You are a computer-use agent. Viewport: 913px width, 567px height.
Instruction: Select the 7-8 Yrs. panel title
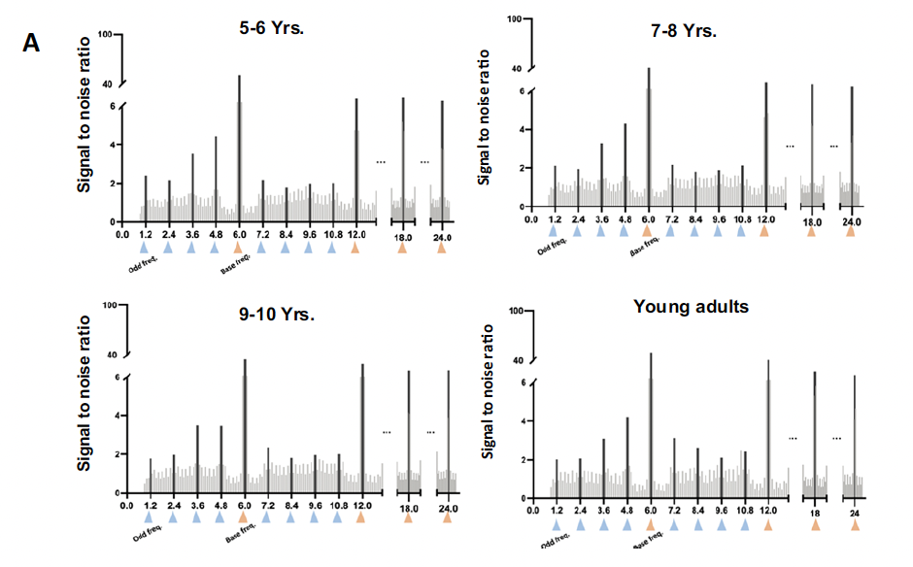(686, 31)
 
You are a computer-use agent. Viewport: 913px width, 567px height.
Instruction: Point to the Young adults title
(691, 307)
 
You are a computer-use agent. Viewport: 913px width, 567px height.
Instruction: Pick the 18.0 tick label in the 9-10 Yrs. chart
(409, 508)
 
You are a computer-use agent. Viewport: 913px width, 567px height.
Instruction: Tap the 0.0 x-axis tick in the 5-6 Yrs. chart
(122, 234)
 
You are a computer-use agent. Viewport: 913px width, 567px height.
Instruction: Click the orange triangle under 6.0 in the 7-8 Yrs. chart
(648, 231)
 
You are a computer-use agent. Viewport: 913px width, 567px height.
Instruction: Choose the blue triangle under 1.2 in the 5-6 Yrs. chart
(145, 248)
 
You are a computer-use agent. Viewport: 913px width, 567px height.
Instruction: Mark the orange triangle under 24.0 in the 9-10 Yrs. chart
(448, 519)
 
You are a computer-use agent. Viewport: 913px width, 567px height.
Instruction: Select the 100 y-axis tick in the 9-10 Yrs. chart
(109, 307)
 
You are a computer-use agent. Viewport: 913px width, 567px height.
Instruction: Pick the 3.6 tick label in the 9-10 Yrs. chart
(197, 506)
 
